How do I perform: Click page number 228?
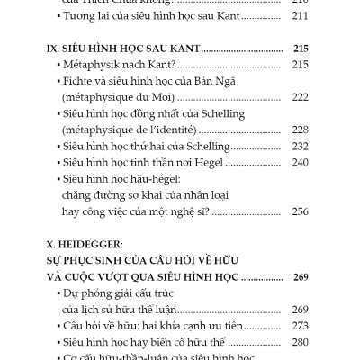[x=300, y=130]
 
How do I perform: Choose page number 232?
[x=300, y=146]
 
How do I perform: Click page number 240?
[x=300, y=162]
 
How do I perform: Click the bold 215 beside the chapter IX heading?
[x=298, y=47]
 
